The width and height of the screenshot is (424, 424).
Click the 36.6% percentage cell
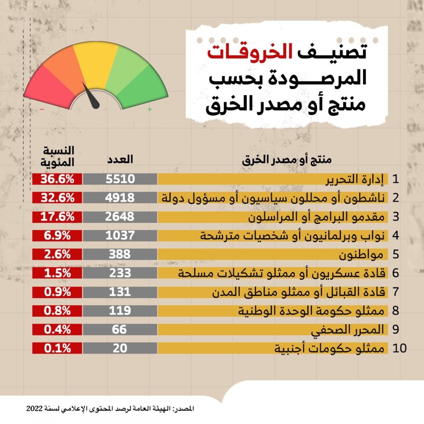click(x=57, y=179)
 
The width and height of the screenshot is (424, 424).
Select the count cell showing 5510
click(x=120, y=179)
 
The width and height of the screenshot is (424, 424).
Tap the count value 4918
click(x=120, y=198)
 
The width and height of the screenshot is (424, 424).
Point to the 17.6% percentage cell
click(x=57, y=217)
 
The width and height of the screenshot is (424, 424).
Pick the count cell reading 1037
click(x=120, y=235)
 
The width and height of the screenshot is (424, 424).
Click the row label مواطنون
click(x=364, y=254)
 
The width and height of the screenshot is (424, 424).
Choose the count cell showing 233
click(x=120, y=273)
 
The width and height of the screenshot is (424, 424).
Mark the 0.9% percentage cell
click(x=57, y=292)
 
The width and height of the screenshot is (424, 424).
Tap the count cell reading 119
click(x=120, y=311)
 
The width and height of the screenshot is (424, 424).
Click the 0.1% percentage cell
click(x=57, y=348)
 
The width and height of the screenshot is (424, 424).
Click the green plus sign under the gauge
click(x=149, y=109)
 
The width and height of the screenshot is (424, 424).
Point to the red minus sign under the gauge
click(x=42, y=109)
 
